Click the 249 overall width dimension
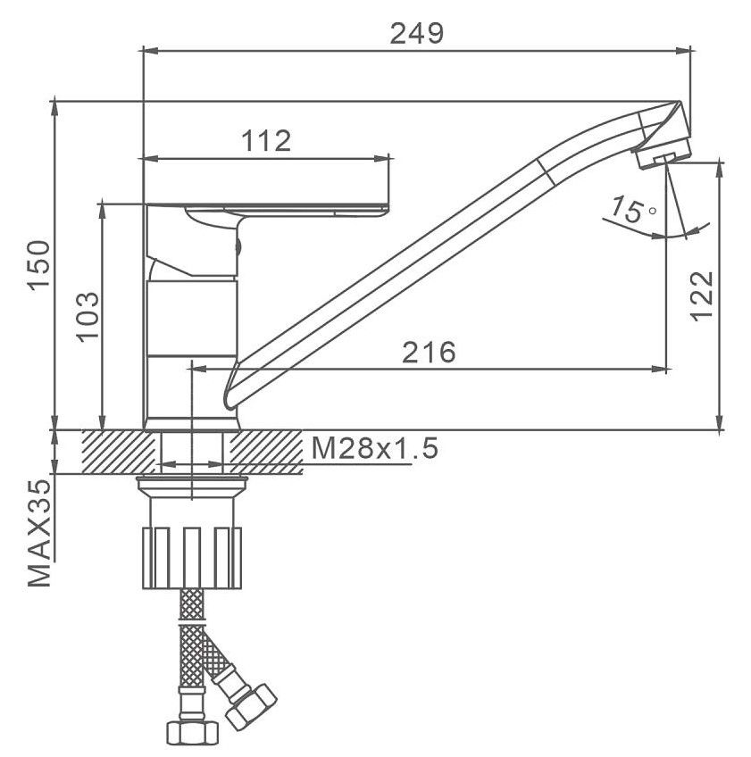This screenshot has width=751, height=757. coord(416,34)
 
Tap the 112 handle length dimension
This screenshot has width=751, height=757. coord(266,140)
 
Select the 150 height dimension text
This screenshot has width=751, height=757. coord(39,264)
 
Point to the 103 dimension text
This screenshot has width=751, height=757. coord(88,317)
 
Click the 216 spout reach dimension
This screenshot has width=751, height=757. coord(429,352)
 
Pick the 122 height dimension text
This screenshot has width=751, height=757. coord(701,296)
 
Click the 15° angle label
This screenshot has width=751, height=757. coord(632,210)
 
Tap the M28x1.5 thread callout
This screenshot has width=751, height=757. coord(375,448)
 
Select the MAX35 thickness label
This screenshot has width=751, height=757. coord(39,533)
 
